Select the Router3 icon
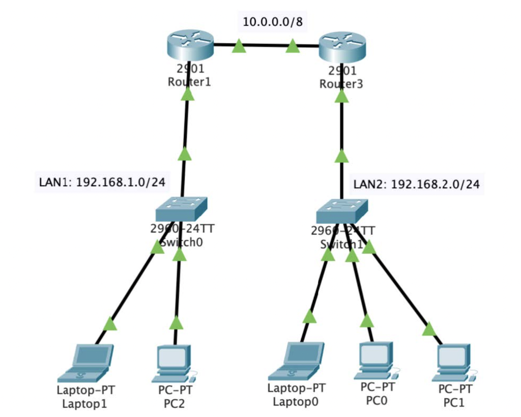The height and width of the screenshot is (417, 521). click(x=341, y=47)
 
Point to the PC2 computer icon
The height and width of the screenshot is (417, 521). click(x=173, y=363)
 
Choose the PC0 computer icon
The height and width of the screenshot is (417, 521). click(x=375, y=360)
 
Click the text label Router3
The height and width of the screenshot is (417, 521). click(x=341, y=84)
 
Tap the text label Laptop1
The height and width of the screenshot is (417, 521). click(x=85, y=405)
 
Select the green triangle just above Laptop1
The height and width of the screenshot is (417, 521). click(x=110, y=323)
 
